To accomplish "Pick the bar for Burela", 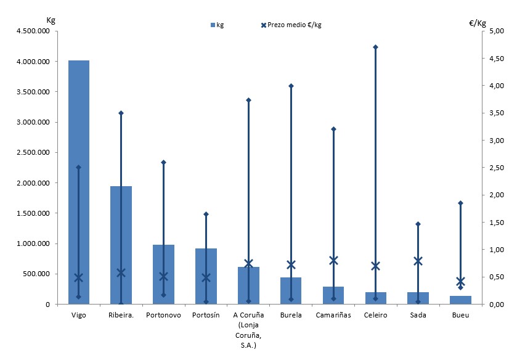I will point(291,290).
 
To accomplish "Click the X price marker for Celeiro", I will point(375,266).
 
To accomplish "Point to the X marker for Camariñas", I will point(333,260).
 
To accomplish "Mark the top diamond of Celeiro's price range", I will point(375,47).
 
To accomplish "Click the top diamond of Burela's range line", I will point(291,86).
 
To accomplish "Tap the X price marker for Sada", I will point(418,261).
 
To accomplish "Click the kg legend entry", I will point(217,25).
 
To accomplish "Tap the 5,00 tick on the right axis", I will point(497,31).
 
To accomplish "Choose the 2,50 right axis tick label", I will point(497,168).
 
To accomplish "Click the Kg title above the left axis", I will point(51,20).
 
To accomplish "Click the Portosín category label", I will point(206,315).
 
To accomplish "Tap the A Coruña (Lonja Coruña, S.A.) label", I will point(248,330).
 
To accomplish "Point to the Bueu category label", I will point(460,315).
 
